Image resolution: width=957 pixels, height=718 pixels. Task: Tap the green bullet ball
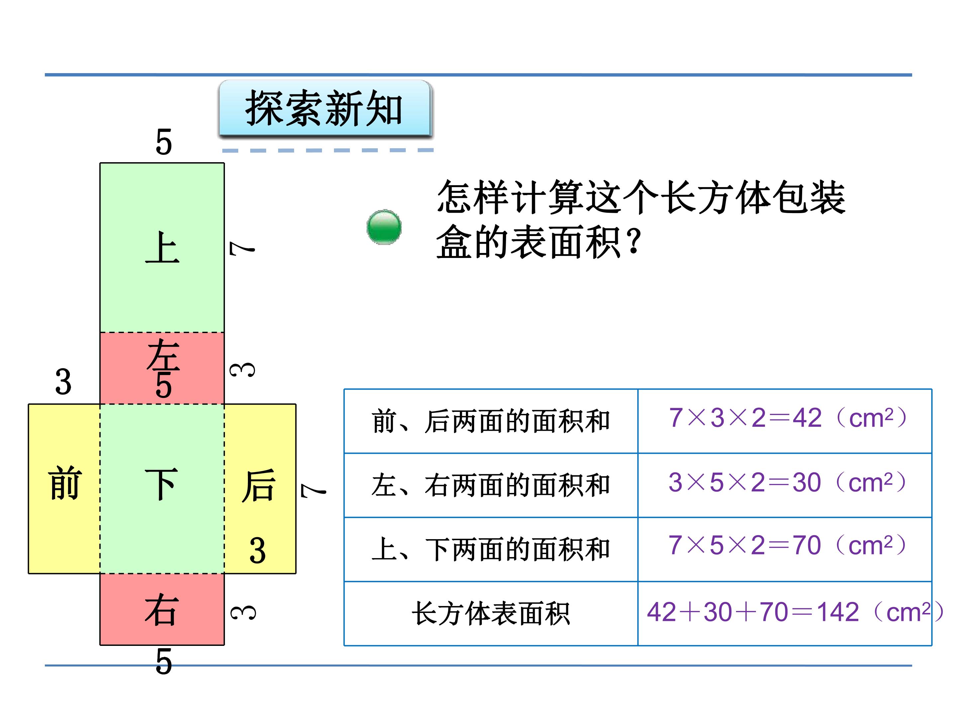[384, 227]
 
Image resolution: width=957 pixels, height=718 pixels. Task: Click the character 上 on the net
[162, 248]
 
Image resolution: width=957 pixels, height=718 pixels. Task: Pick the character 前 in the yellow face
[65, 483]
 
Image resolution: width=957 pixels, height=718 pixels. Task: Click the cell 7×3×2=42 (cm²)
[788, 418]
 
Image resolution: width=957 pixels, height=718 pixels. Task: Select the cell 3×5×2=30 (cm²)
[788, 482]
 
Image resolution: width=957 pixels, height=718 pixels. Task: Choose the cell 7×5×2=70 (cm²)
[788, 545]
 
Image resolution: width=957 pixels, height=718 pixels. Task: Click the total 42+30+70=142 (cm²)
[795, 612]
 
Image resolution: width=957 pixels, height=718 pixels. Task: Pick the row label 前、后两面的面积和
[490, 421]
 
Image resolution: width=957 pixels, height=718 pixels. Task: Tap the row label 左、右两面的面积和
[490, 485]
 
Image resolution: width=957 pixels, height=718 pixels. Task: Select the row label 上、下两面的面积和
[490, 549]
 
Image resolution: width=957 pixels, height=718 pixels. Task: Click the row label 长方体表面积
[490, 613]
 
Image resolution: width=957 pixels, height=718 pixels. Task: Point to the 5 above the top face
[163, 142]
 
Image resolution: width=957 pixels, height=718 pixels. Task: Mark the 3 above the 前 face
[63, 382]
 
